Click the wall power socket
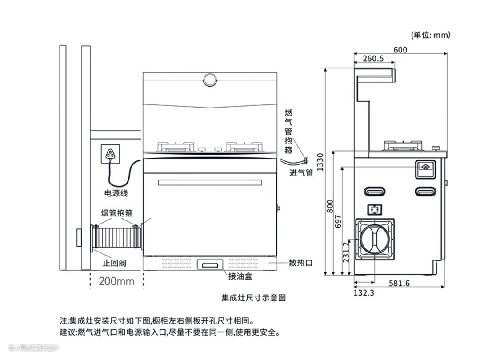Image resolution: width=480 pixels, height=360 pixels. click(111, 154)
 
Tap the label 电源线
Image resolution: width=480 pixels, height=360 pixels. click(116, 193)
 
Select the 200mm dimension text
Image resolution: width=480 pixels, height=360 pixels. click(116, 281)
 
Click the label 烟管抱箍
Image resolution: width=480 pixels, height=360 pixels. click(117, 212)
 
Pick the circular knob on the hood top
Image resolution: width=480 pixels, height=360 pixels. click(210, 80)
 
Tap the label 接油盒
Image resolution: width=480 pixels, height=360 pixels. click(240, 276)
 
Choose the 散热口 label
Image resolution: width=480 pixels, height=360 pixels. click(300, 263)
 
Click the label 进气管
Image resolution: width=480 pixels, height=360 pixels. click(301, 173)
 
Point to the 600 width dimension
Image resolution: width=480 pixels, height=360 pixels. click(400, 50)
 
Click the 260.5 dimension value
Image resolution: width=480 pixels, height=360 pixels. click(373, 59)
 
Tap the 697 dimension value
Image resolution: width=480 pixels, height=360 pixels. click(338, 221)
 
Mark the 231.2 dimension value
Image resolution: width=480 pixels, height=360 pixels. click(346, 252)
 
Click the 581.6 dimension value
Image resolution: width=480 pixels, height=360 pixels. click(399, 283)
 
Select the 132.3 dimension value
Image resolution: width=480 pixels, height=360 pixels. click(364, 292)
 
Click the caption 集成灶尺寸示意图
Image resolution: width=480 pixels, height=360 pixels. click(253, 297)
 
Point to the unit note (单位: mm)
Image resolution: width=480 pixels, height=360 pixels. click(431, 35)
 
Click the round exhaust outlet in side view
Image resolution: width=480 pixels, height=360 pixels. click(375, 238)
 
